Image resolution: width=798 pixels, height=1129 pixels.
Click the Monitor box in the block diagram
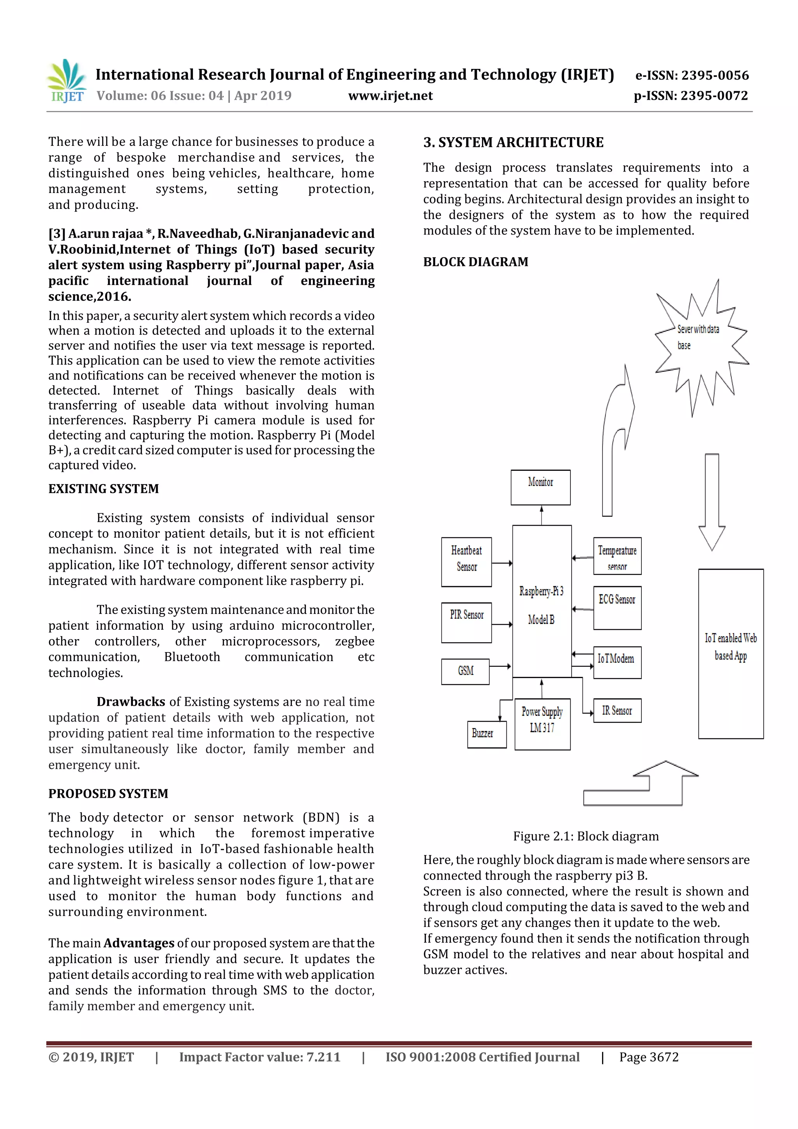pyautogui.click(x=540, y=487)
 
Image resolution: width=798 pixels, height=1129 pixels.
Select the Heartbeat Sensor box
pyautogui.click(x=466, y=562)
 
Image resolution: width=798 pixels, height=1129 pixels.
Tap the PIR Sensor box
pyautogui.click(x=466, y=622)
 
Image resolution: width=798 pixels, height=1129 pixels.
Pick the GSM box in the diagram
pyautogui.click(x=465, y=671)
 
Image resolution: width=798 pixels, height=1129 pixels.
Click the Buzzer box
pyautogui.click(x=486, y=734)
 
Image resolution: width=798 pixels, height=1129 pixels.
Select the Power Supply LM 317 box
pyautogui.click(x=542, y=724)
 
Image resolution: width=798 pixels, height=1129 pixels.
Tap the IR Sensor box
pyautogui.click(x=617, y=710)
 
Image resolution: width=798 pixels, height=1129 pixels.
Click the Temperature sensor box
pyautogui.click(x=617, y=556)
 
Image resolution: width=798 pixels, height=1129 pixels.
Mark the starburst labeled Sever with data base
pyautogui.click(x=701, y=344)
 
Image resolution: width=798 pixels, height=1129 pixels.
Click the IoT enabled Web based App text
pyautogui.click(x=731, y=647)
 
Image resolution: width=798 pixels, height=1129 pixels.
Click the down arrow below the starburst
pyautogui.click(x=711, y=502)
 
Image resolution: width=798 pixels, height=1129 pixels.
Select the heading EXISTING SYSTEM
pyautogui.click(x=104, y=489)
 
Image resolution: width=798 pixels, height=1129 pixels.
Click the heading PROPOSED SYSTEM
pyautogui.click(x=108, y=793)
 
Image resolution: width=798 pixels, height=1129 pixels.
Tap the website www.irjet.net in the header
pyautogui.click(x=390, y=96)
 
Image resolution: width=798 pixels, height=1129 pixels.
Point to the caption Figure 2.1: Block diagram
pyautogui.click(x=586, y=836)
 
